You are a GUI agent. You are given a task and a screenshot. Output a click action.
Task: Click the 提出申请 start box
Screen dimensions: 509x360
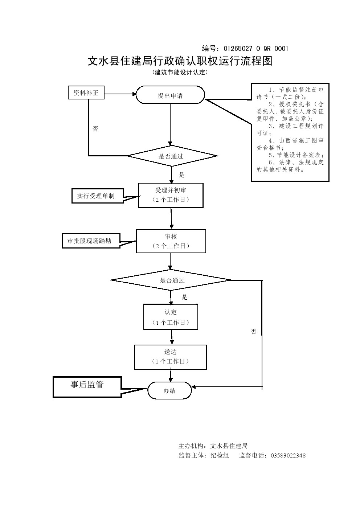(170, 96)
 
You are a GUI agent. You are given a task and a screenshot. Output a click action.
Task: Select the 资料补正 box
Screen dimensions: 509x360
(86, 93)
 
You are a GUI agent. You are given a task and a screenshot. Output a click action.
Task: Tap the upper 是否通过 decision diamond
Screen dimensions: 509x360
(172, 156)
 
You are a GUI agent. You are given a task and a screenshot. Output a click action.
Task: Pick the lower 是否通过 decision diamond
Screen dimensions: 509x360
(172, 280)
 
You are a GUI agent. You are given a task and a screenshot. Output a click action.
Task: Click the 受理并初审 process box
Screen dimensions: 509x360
(171, 195)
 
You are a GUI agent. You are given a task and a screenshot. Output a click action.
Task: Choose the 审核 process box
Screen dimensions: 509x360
(171, 241)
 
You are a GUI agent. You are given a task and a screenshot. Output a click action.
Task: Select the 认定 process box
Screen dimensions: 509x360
(171, 317)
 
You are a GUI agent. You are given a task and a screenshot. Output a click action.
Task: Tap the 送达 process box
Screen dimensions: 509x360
(170, 357)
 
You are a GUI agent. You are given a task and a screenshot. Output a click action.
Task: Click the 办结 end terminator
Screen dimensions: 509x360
(169, 391)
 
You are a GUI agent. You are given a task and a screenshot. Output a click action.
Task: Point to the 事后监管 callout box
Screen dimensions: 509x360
(87, 386)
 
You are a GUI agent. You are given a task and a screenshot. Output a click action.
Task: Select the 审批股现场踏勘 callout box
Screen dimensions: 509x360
(91, 241)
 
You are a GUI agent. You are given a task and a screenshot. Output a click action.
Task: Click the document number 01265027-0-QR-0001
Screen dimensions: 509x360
(256, 49)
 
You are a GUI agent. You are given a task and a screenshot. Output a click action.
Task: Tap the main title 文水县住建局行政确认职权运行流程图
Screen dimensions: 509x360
(180, 61)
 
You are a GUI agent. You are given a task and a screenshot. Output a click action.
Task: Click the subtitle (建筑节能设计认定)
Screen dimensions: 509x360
(180, 72)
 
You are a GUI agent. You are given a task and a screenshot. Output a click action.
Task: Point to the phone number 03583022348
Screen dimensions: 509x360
(288, 456)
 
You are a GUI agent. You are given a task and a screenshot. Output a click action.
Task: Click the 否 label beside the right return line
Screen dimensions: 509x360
(253, 332)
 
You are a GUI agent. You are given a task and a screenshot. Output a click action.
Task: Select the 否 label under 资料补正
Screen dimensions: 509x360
(95, 129)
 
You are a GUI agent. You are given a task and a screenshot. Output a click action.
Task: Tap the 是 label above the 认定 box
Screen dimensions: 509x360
(185, 297)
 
